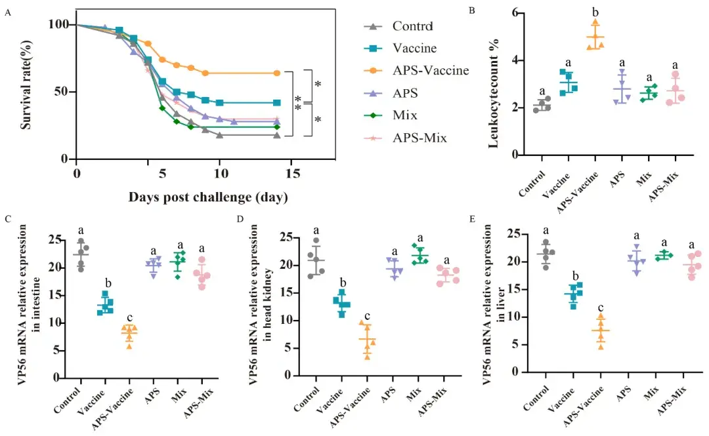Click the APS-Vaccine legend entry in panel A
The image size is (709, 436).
click(430, 70)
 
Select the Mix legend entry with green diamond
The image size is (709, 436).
click(405, 115)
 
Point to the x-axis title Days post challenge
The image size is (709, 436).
click(208, 197)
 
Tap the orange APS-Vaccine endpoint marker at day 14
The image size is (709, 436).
click(277, 73)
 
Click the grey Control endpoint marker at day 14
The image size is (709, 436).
click(277, 135)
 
